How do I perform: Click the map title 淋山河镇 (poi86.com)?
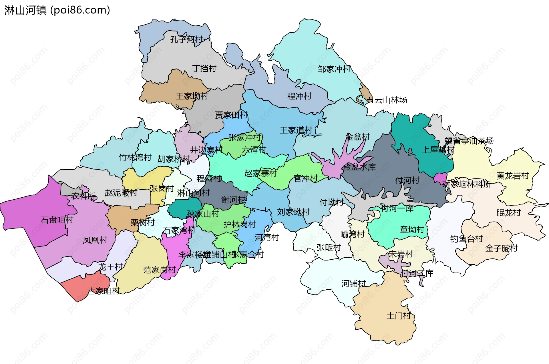coord(57,10)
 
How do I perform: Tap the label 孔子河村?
coord(186,39)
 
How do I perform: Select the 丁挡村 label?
coord(204,69)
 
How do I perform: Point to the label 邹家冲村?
coord(334,69)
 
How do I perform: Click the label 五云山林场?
coord(387,100)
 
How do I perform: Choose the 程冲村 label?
coord(299,96)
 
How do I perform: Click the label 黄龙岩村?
coord(513,176)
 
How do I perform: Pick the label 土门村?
coord(399,316)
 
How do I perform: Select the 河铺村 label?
coord(353,284)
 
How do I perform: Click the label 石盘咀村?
coord(57,220)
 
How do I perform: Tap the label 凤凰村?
coord(95,240)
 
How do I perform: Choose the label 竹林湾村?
coord(135,158)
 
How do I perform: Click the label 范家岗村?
coord(160,270)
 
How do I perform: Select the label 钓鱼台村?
coord(466,239)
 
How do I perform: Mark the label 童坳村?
coord(412,230)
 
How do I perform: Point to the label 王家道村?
coord(296,130)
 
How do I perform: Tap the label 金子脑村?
coord(501,248)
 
